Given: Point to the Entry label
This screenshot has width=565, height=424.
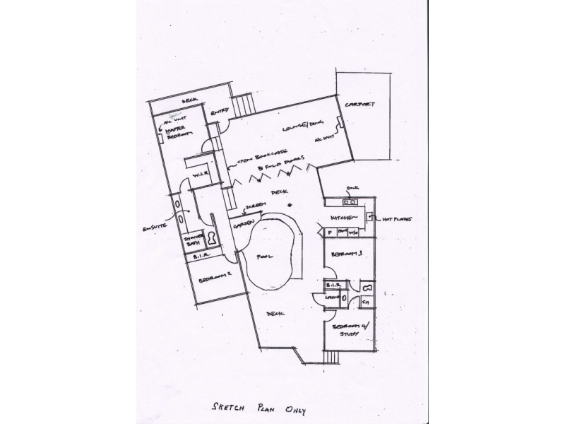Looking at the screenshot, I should click(219, 110).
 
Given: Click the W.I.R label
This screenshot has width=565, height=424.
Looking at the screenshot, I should click(200, 172).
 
